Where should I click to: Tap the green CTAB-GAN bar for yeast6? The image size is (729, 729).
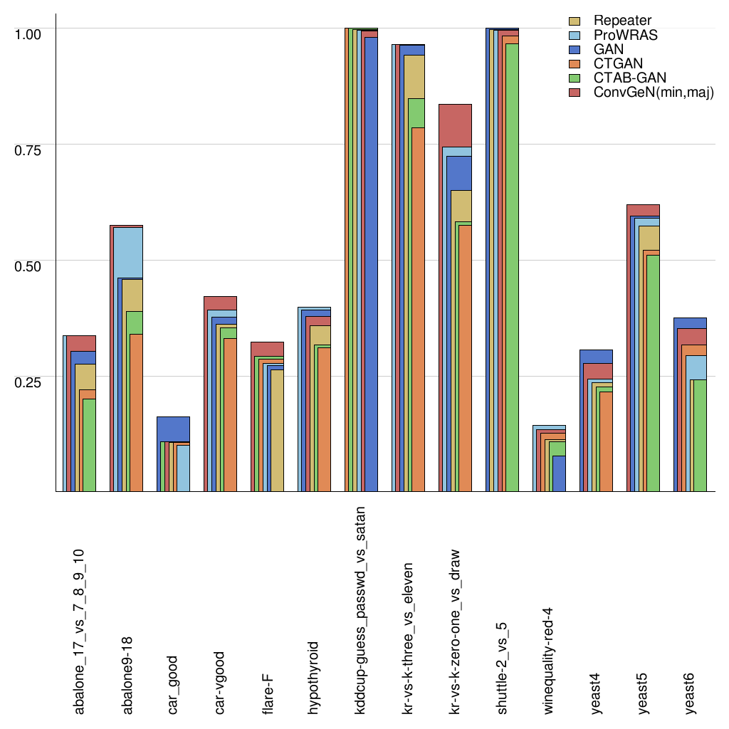[699, 434]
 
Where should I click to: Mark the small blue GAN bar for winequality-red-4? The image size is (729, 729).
[560, 473]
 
